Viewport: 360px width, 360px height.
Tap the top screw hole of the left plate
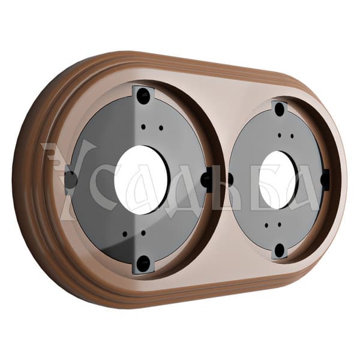[143, 94]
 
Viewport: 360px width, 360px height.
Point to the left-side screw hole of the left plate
[71, 178]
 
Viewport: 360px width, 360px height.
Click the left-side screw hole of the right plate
[230, 179]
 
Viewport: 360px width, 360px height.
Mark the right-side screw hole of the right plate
[325, 176]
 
